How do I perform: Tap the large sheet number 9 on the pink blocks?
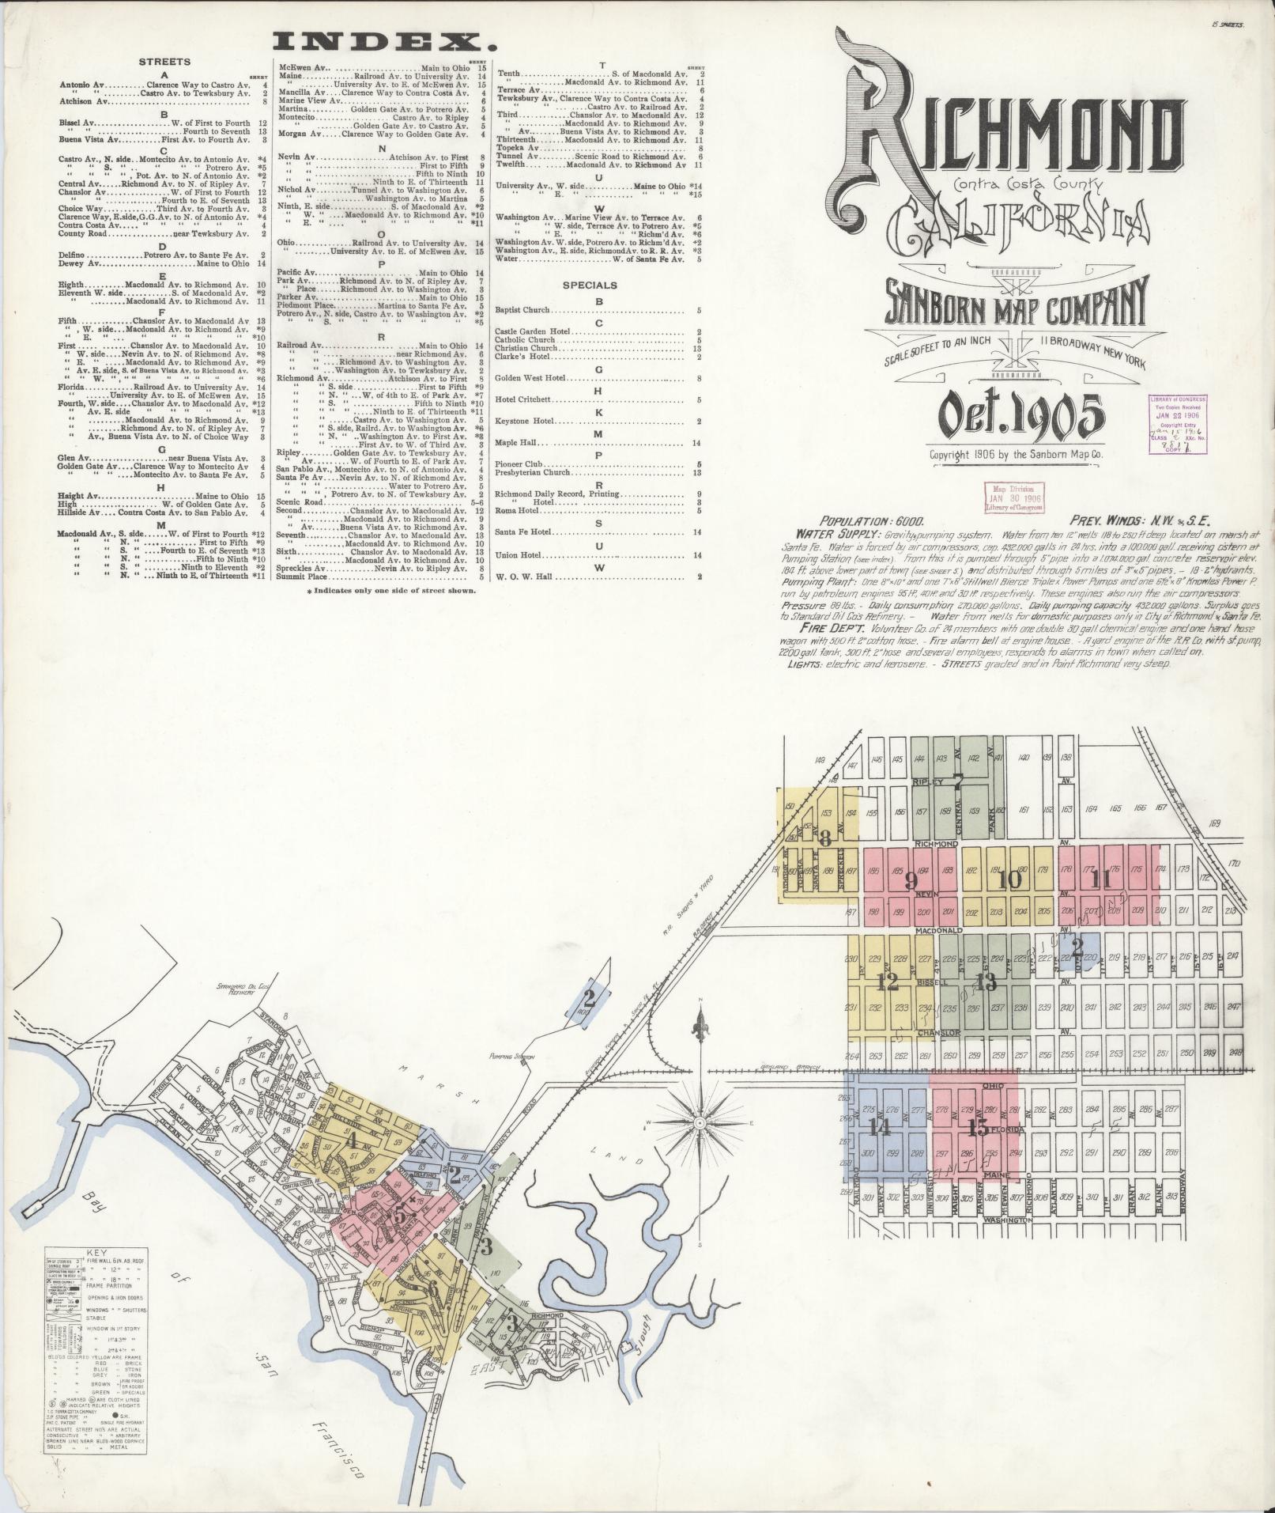click(x=910, y=879)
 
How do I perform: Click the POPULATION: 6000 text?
click(x=866, y=521)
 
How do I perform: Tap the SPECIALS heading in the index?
click(x=590, y=286)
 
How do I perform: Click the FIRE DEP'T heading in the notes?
click(x=817, y=626)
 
